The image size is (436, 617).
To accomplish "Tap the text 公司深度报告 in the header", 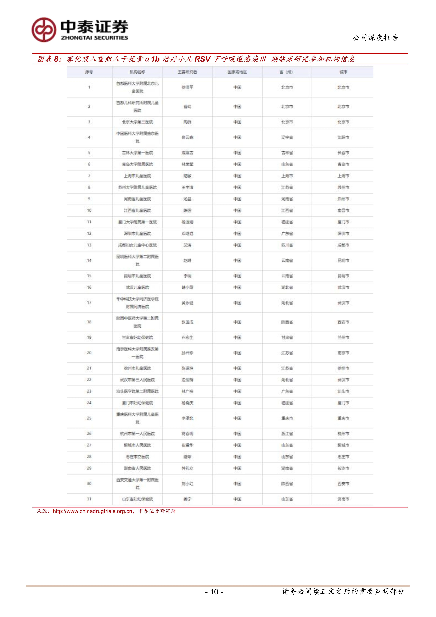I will coord(375,38).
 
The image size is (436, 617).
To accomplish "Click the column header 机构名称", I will coord(137,72).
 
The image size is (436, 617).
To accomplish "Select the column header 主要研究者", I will coord(187,72).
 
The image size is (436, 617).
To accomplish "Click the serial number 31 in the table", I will coord(89,499).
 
